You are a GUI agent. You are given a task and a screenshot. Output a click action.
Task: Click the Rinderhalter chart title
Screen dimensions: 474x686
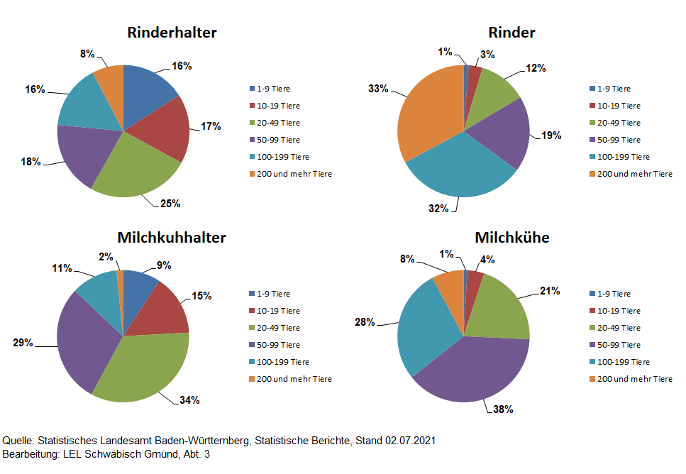[x=172, y=33]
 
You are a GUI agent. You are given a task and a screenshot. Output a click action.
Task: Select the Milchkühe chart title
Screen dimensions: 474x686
[x=511, y=237]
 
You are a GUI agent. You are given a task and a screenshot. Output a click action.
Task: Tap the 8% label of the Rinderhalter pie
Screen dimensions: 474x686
[x=87, y=53]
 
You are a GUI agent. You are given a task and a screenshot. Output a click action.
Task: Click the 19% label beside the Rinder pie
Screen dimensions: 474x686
[x=551, y=135]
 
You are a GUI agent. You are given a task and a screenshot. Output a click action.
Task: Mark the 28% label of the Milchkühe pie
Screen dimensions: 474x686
[x=365, y=322]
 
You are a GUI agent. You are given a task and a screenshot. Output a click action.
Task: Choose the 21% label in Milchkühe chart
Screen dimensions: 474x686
[x=550, y=290]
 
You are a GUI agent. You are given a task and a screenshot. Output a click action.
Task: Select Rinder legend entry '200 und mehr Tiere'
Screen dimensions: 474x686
[x=634, y=174]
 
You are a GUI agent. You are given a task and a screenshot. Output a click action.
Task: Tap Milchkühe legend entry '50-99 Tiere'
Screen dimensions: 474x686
[x=619, y=345]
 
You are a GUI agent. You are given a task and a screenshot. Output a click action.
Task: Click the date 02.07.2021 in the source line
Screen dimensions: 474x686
[x=411, y=441]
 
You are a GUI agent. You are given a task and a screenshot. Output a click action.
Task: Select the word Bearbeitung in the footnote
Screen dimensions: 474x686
[x=28, y=453]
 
